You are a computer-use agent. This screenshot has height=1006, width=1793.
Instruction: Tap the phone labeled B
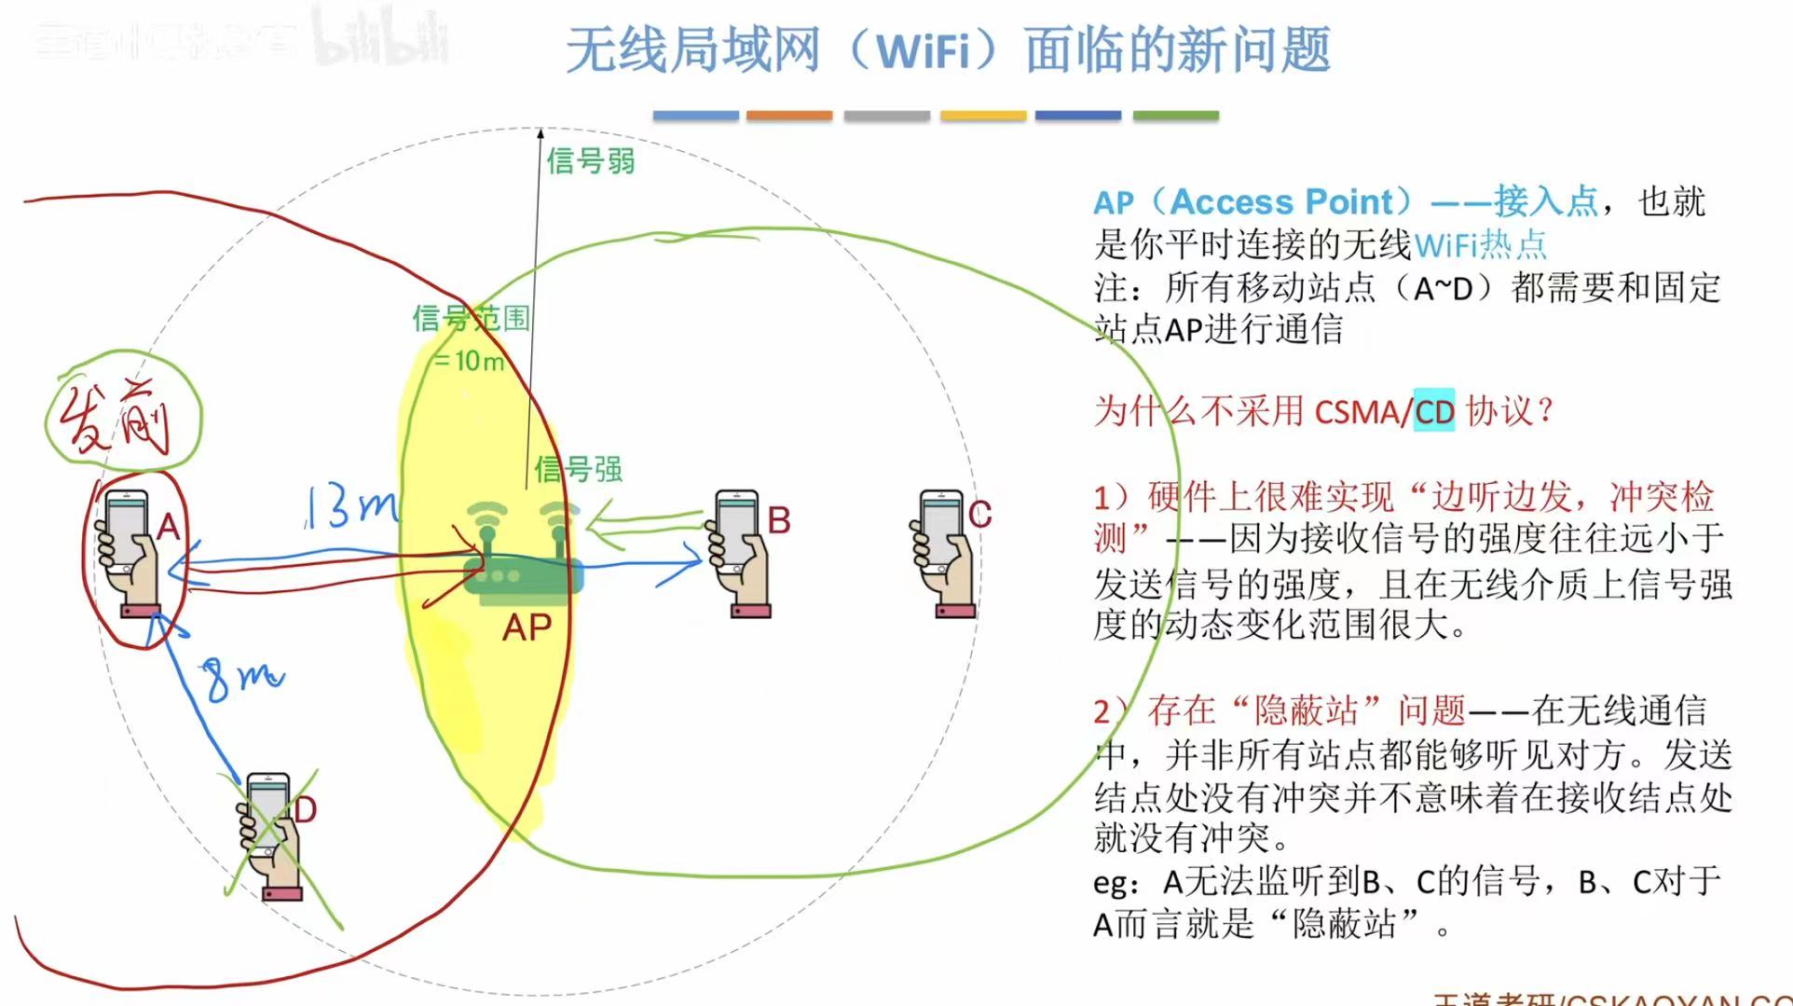[739, 553]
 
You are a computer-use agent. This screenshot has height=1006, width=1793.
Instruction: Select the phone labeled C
[943, 553]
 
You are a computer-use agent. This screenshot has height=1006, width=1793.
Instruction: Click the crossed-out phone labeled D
[270, 834]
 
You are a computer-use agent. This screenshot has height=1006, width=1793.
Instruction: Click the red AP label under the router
[527, 627]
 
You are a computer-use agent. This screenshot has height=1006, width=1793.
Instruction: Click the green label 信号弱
[591, 160]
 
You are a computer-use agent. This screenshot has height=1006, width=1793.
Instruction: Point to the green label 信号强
[578, 468]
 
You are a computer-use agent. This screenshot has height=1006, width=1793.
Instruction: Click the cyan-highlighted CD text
[1433, 411]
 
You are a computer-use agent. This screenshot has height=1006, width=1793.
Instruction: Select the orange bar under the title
[788, 116]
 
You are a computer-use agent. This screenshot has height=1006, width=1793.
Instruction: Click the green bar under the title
[1175, 116]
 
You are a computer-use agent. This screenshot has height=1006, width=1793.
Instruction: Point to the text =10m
[469, 360]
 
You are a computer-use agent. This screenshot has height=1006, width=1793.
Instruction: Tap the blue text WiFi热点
[1480, 245]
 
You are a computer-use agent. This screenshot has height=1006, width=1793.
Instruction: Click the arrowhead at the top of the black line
[540, 133]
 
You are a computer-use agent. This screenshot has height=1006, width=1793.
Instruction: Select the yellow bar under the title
[982, 116]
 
